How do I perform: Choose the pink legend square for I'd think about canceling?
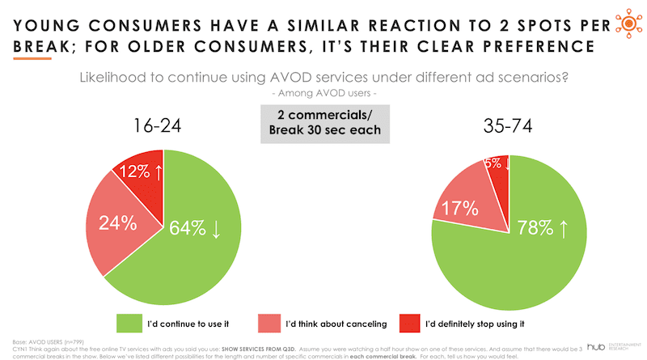click(x=272, y=322)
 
